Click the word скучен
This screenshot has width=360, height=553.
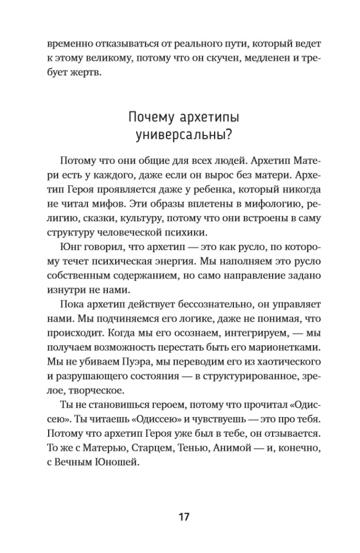coord(225,58)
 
